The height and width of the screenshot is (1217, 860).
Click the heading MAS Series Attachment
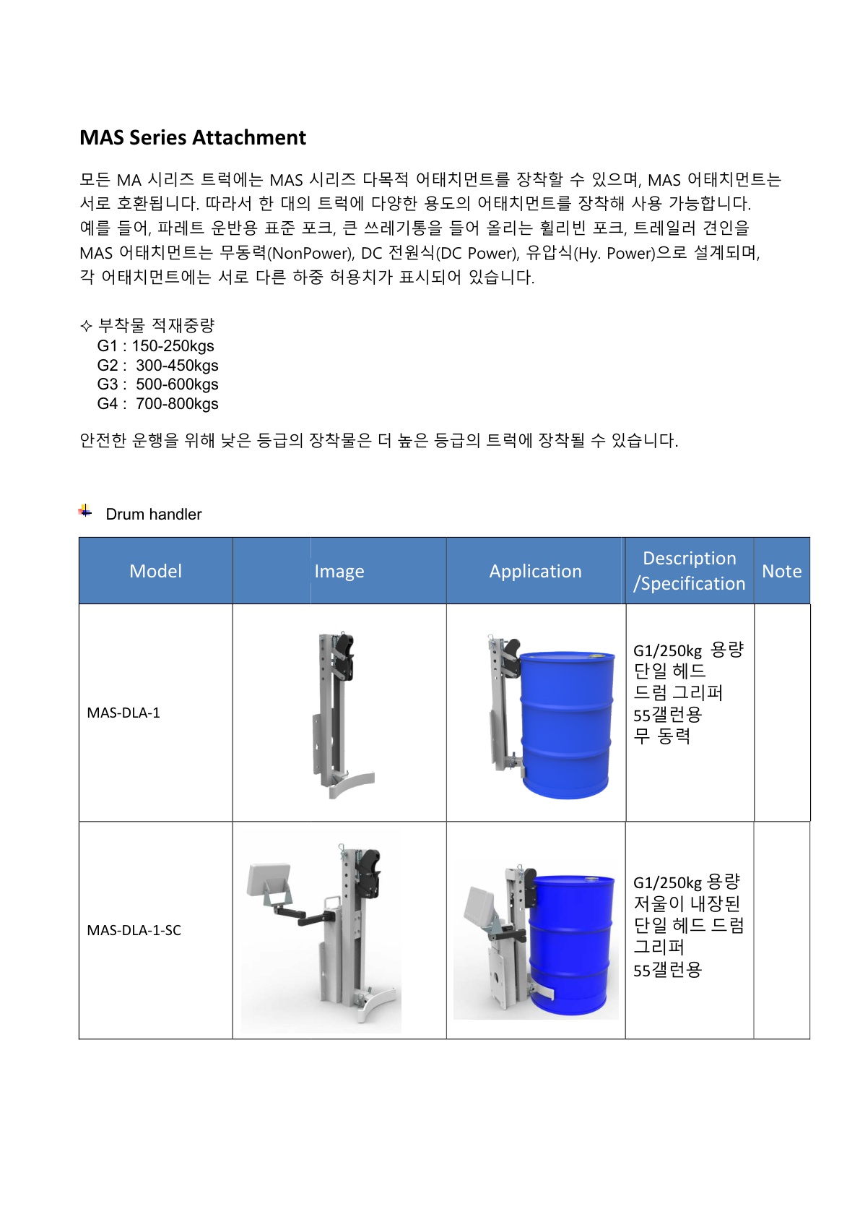point(193,137)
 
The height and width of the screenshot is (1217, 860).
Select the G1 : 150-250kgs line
point(155,346)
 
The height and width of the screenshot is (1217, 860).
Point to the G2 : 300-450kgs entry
point(157,366)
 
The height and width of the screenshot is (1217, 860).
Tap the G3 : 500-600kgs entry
point(157,384)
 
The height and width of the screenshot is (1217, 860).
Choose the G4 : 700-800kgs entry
point(157,404)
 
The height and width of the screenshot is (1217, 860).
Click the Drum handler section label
point(154,515)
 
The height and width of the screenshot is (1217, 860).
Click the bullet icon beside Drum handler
point(85,512)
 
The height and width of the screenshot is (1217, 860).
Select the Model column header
point(155,571)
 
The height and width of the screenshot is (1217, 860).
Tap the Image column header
point(339,572)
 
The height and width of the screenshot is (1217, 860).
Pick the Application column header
point(535,572)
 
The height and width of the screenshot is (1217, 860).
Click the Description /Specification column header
point(690,571)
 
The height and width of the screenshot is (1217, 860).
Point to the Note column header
point(781,572)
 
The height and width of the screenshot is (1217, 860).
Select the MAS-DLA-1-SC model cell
point(134,930)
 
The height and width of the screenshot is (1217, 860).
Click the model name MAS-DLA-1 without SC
point(123,713)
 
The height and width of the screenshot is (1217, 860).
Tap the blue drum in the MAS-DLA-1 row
point(567,723)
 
